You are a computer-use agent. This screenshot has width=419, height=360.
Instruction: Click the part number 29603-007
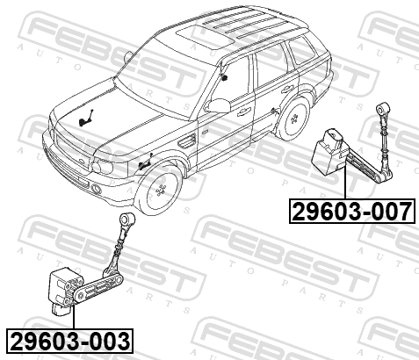coord(352,212)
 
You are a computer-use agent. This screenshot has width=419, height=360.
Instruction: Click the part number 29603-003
coord(69,341)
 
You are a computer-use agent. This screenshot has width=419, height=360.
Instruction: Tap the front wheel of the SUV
coord(159,191)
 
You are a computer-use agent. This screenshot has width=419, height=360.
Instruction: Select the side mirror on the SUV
coord(218,105)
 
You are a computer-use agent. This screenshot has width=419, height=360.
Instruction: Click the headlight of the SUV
coord(102,166)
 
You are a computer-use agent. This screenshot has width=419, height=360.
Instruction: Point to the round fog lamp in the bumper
coord(97,189)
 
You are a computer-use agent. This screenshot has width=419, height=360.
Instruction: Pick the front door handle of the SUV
coord(244,112)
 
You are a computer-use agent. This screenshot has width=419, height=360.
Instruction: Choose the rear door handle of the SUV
coord(287,90)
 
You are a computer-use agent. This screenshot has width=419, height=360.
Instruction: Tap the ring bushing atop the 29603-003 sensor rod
coord(127,219)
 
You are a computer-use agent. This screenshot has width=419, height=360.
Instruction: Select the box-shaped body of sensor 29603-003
coord(63,290)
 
